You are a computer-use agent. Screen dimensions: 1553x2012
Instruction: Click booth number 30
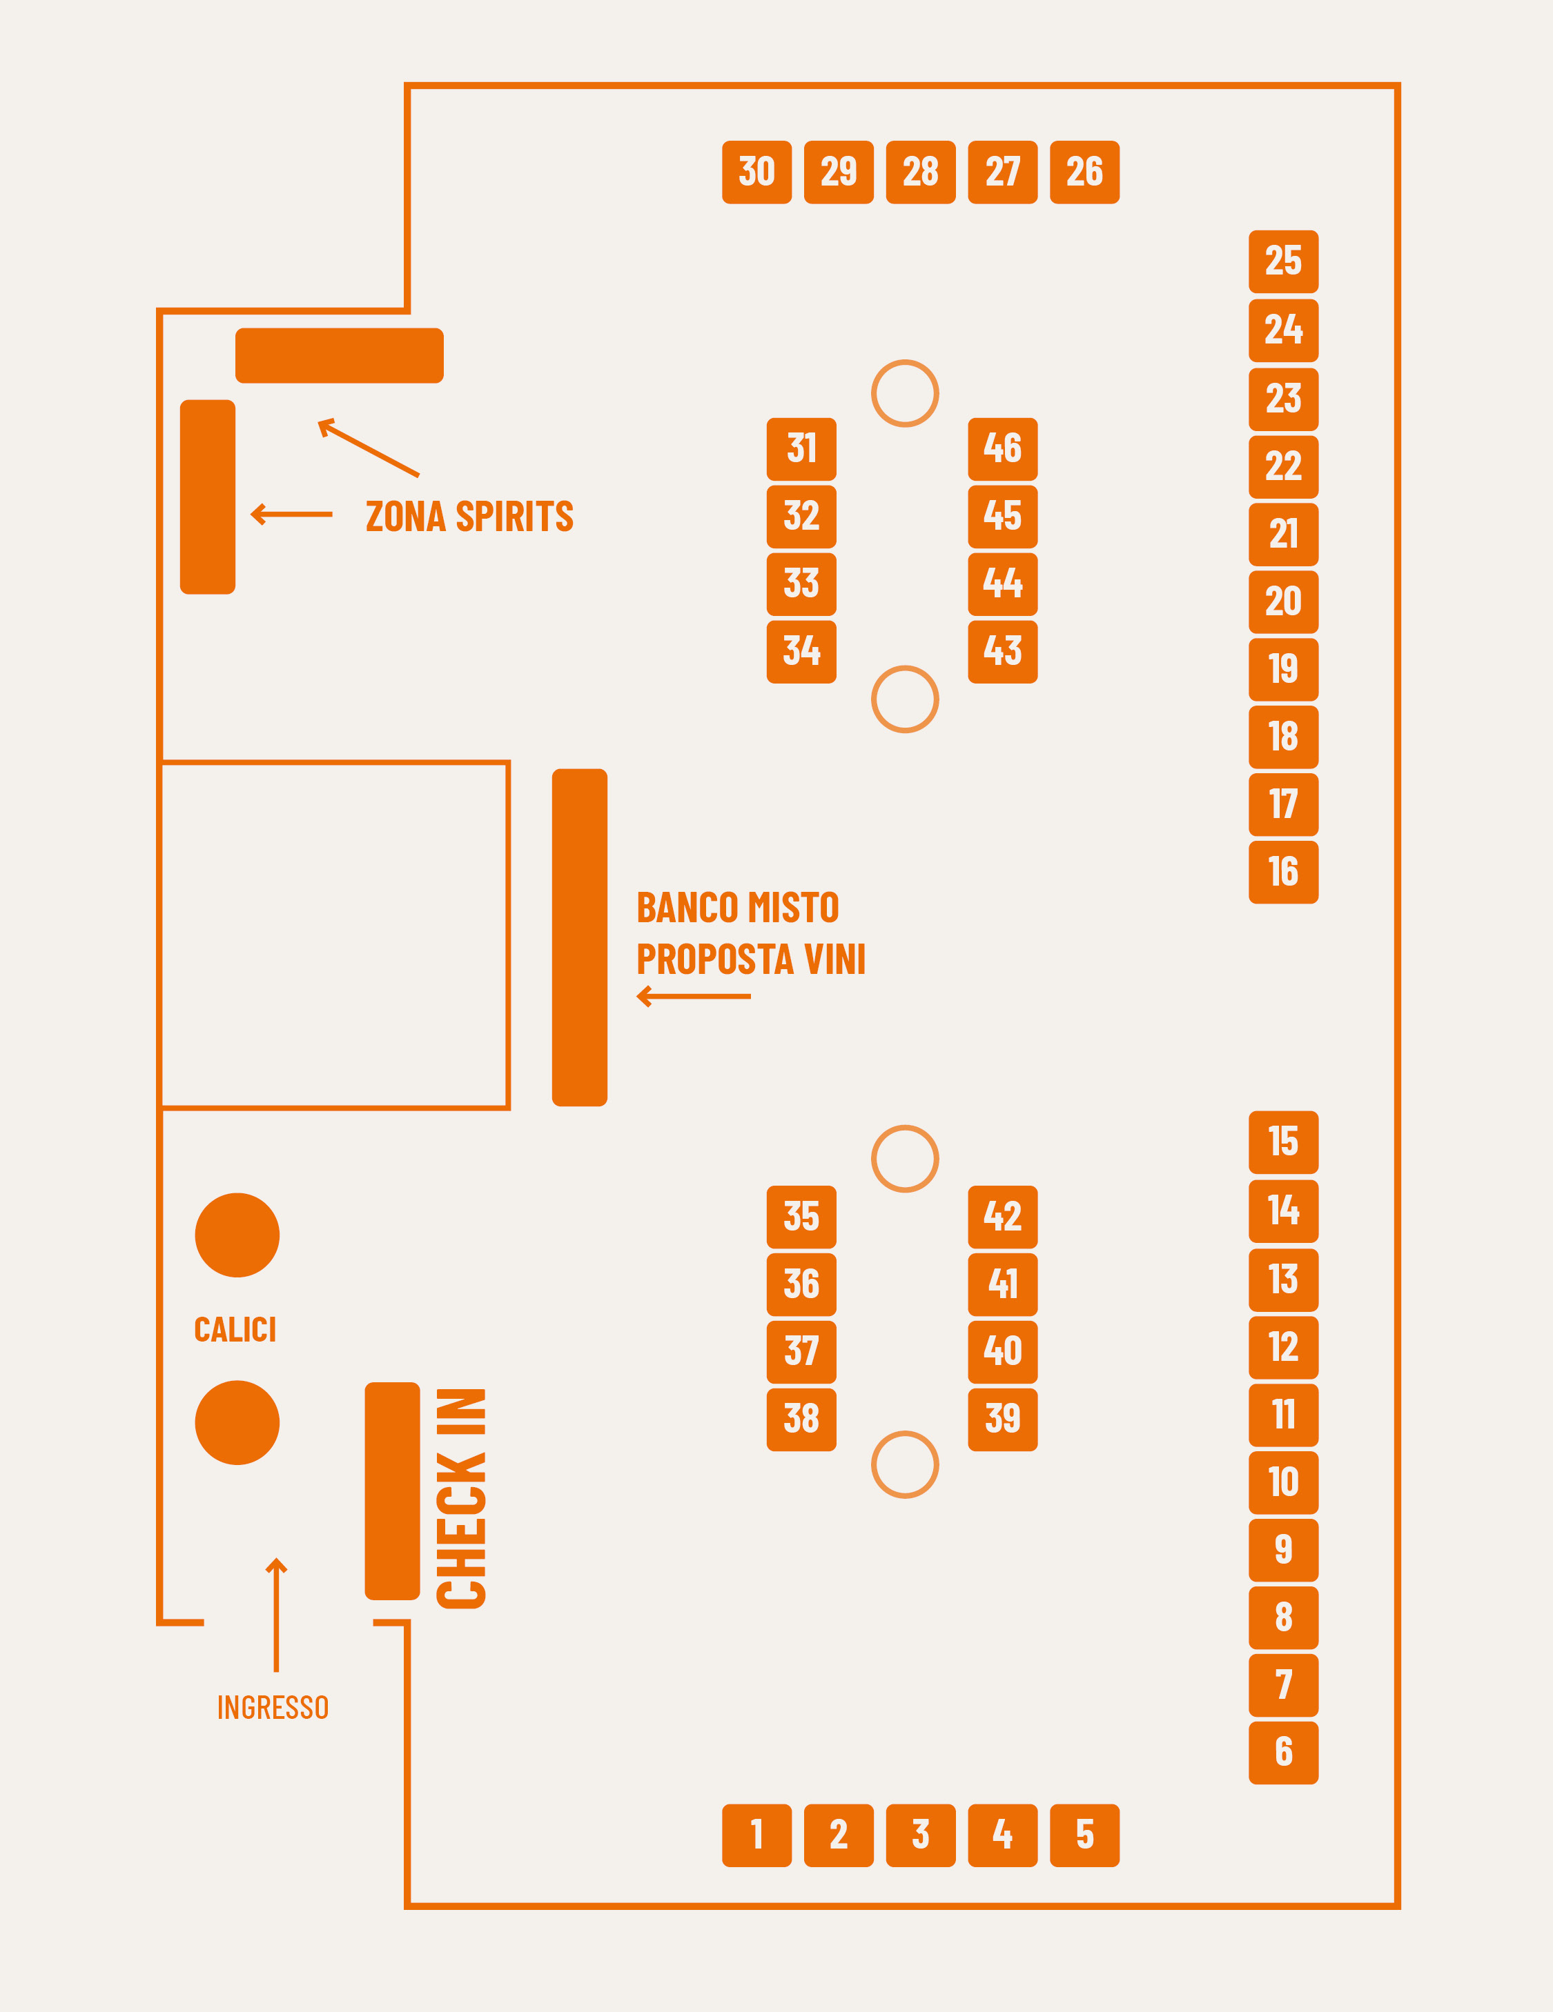(756, 172)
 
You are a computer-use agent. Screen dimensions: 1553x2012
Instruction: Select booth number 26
(1085, 172)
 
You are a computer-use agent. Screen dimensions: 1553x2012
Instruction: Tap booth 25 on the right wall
(1283, 261)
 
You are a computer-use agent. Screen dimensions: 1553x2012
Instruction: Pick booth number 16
(1283, 873)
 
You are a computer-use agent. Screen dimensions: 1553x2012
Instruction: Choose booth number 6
(1283, 1752)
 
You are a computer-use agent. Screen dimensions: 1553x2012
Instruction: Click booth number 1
(756, 1835)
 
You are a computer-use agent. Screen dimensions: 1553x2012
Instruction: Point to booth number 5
(1085, 1835)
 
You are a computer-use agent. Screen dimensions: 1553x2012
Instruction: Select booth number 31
(801, 448)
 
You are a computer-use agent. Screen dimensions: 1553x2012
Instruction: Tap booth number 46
(1003, 448)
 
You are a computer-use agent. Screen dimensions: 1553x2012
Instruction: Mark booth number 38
(801, 1420)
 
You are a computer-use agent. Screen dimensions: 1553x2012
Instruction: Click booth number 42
(1003, 1217)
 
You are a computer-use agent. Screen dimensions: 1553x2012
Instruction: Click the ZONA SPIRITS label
(469, 517)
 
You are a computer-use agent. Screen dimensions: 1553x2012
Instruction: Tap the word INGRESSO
(273, 1707)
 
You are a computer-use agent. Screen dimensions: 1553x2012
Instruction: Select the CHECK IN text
(461, 1499)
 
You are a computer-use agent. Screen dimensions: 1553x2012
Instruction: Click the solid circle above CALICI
(237, 1235)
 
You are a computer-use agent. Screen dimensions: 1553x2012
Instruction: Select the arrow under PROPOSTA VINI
(693, 996)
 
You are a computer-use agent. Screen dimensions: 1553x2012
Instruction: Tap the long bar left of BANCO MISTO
(580, 937)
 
